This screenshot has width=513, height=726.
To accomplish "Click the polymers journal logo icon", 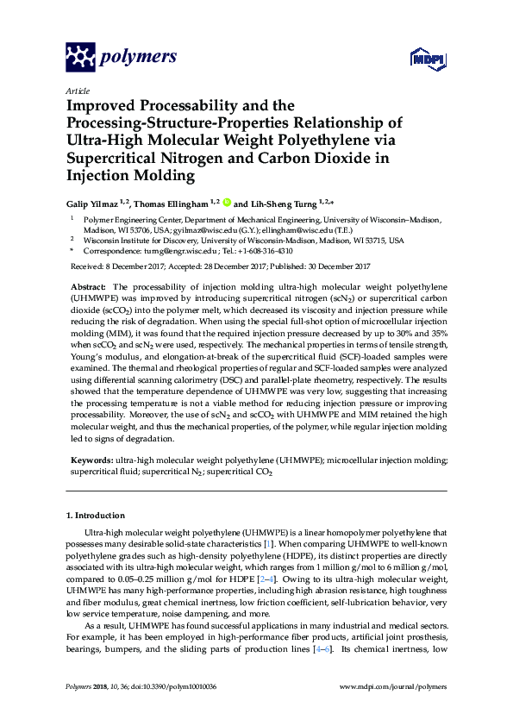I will pyautogui.click(x=82, y=57).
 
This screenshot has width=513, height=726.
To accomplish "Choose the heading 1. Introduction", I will pyautogui.click(x=95, y=516).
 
